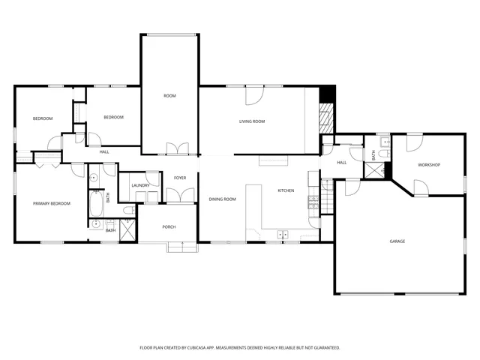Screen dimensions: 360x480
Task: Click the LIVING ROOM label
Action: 252,121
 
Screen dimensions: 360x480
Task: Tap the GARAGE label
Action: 397,241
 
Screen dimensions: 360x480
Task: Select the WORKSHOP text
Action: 428,165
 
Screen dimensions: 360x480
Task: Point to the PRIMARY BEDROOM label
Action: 52,203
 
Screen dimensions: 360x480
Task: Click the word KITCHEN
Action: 286,190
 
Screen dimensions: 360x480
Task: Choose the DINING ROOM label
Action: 222,199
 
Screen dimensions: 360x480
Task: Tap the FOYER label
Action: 180,178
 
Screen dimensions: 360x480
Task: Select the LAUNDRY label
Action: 140,185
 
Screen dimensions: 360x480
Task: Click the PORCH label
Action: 169,226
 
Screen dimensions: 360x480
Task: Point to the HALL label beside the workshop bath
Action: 341,163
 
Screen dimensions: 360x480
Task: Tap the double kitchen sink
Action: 283,235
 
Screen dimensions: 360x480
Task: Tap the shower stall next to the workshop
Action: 373,169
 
